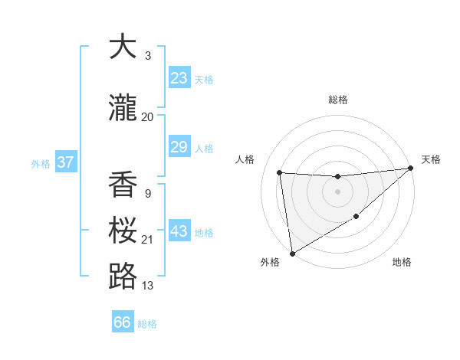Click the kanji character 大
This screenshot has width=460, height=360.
click(x=123, y=47)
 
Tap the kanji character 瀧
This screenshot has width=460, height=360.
click(x=123, y=109)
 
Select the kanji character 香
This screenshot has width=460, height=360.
click(x=123, y=185)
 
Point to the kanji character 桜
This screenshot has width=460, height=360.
click(x=123, y=231)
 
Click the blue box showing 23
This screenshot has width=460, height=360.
click(x=179, y=78)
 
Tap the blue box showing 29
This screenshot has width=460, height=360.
click(x=179, y=147)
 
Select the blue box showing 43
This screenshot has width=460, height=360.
click(x=179, y=231)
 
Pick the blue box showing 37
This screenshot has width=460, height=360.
click(x=65, y=162)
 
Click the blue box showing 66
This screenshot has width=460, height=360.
click(x=123, y=322)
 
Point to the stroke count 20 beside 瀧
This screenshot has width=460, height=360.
click(x=147, y=117)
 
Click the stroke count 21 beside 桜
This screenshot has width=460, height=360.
click(x=147, y=240)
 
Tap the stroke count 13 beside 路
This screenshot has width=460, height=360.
click(x=147, y=286)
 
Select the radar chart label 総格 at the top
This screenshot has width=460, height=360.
click(x=337, y=100)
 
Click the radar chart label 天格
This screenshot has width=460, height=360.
click(x=431, y=159)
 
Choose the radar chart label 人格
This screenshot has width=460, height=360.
click(x=245, y=159)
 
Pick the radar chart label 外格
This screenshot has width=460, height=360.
click(x=270, y=263)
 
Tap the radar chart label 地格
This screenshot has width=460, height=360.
click(x=402, y=263)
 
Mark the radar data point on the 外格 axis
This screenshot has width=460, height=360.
click(x=292, y=253)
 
